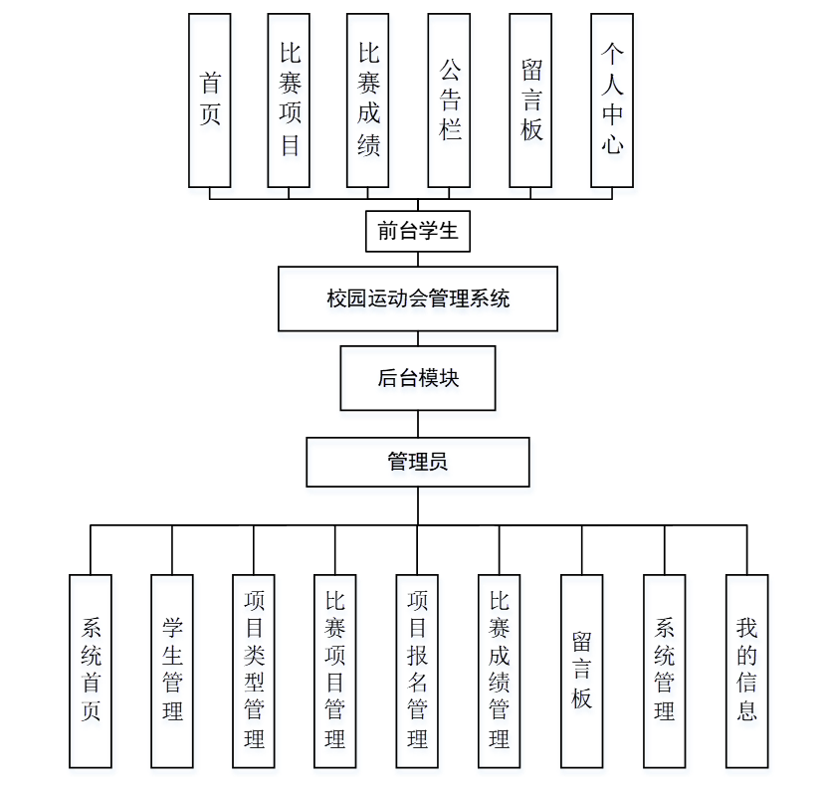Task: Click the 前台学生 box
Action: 418,232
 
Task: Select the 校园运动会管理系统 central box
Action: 418,297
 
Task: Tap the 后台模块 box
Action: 418,378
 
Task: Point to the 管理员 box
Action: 418,462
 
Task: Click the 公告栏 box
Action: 449,100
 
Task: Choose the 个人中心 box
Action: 611,100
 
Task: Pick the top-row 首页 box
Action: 210,100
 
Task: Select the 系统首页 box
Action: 91,671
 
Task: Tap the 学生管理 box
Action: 172,671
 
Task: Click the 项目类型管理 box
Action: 254,671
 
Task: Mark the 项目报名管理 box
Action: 417,671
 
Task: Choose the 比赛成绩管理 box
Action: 499,671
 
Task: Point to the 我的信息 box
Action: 746,671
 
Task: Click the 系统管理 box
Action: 664,671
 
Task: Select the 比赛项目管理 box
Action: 334,671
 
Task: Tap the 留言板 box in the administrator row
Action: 581,671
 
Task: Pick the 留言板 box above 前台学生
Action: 530,100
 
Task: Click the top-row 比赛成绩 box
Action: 368,100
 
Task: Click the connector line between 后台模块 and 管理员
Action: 418,424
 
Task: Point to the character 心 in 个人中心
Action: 611,145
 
